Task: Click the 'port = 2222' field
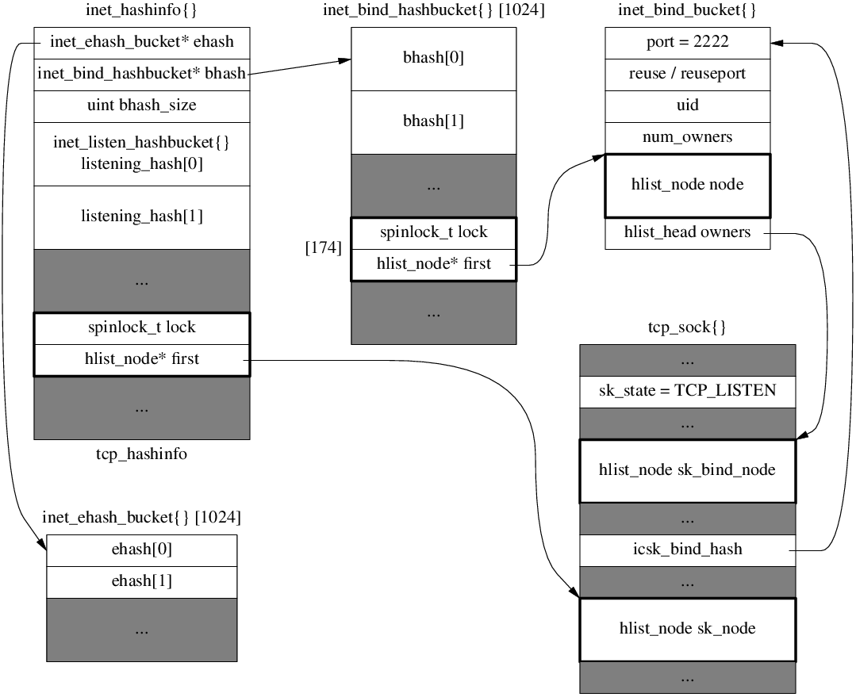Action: [x=687, y=43]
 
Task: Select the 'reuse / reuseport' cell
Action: [x=687, y=75]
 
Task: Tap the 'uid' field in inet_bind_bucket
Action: [x=687, y=106]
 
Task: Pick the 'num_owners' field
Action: [x=687, y=138]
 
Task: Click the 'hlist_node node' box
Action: [x=687, y=185]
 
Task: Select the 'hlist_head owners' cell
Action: [x=687, y=233]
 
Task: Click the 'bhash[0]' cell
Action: [x=433, y=59]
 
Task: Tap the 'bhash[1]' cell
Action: [x=433, y=121]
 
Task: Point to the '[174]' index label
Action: [x=324, y=248]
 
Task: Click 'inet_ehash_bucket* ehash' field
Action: [x=142, y=43]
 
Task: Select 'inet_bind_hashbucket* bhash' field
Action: [x=142, y=75]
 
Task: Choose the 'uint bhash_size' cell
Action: [x=142, y=105]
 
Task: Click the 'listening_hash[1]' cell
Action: [x=142, y=216]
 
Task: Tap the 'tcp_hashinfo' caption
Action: [x=142, y=454]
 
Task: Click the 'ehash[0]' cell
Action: [x=142, y=550]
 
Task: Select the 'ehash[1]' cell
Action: [x=142, y=581]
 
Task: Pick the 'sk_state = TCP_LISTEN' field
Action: [x=687, y=392]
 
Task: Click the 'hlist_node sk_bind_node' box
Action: [x=687, y=470]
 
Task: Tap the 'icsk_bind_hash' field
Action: [x=687, y=550]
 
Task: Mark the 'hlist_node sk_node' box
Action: [x=687, y=629]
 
